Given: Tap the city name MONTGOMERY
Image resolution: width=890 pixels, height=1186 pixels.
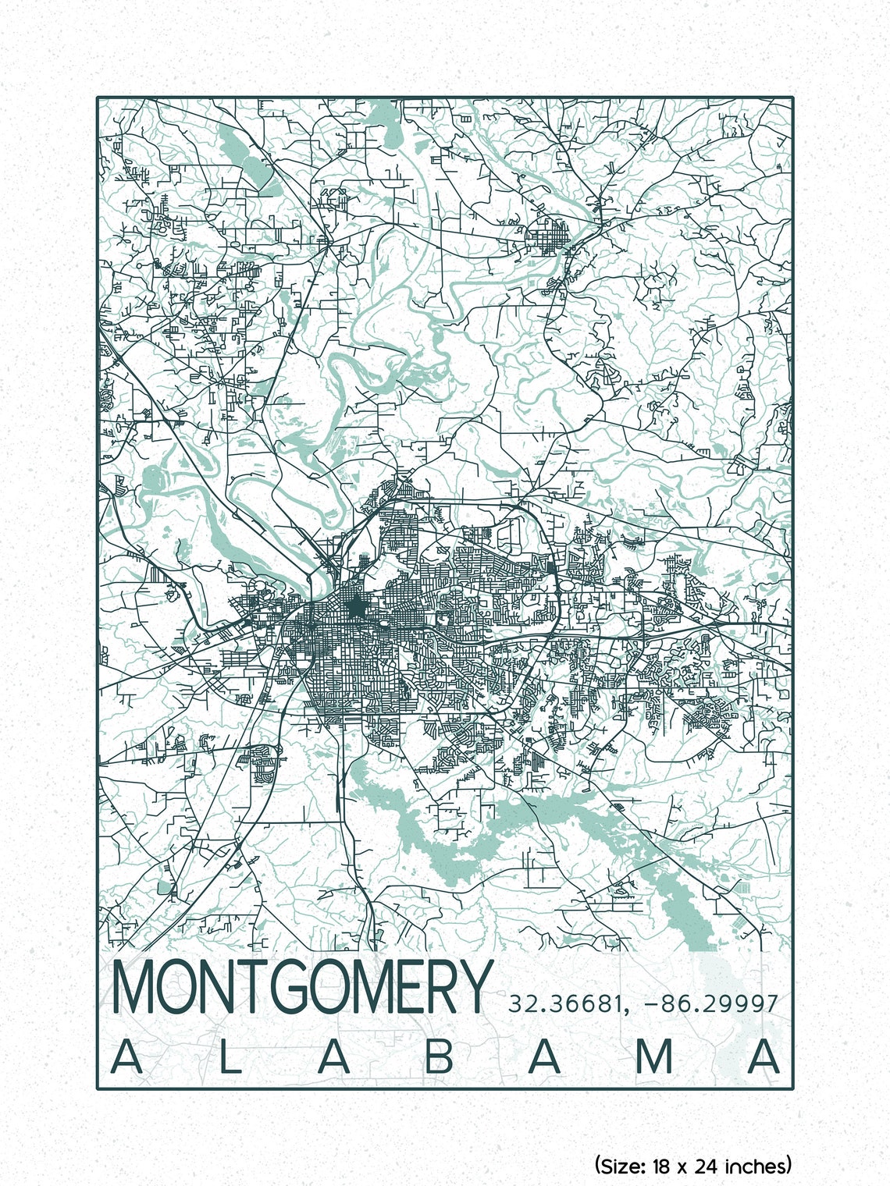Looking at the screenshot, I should [303, 988].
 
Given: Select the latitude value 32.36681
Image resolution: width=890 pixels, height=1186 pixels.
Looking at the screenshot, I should [565, 1003].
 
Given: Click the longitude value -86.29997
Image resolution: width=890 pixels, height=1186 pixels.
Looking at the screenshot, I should [711, 1003].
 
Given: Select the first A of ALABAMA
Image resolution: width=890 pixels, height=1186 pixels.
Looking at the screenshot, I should [126, 1057].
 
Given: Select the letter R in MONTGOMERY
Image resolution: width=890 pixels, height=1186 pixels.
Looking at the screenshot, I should [441, 988].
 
